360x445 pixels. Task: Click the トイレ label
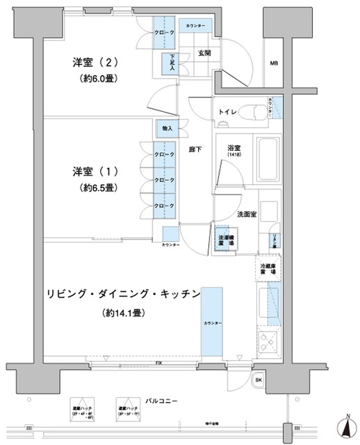(x=229, y=112)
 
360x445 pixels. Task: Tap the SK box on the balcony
(x=259, y=381)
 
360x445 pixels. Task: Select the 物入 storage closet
(x=167, y=129)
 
